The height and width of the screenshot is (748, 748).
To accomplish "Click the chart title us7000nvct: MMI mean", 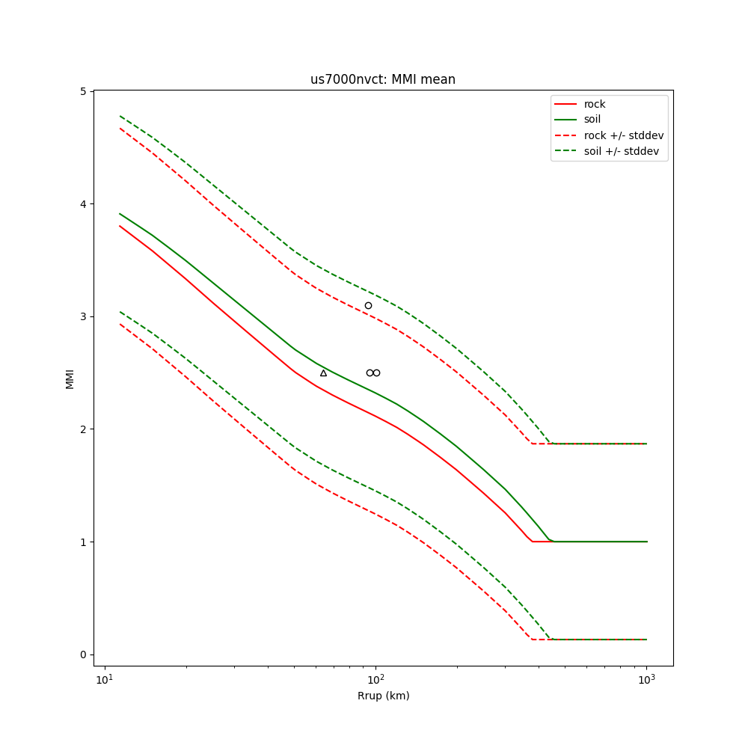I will tap(383, 79).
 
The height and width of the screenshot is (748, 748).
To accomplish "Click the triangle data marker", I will tap(323, 373).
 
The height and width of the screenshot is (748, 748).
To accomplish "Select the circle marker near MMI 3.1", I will tap(368, 305).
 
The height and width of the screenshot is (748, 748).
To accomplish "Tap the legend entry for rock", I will tap(595, 104).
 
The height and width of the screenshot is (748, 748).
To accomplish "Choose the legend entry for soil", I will tap(592, 119).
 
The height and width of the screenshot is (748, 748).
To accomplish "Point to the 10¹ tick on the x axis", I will tap(105, 678).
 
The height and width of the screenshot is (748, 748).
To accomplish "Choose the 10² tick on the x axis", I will tap(375, 678).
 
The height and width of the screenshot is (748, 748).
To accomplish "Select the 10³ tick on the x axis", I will tap(646, 678).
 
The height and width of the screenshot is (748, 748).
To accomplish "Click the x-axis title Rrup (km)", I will tap(383, 696).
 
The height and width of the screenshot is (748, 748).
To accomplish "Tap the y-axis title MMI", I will tap(70, 378).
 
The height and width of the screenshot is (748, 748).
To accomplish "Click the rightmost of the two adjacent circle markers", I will tap(376, 373).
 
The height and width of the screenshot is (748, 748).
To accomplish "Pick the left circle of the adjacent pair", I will tap(370, 373).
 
